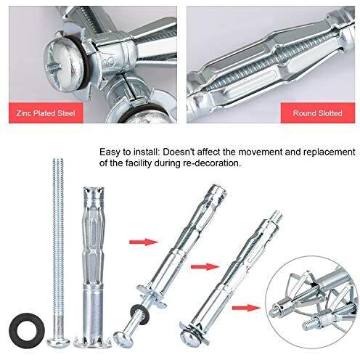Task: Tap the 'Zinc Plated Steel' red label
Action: click(46, 113)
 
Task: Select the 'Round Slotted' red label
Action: click(318, 113)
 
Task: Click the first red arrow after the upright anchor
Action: click(144, 242)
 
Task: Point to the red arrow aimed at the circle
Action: click(247, 308)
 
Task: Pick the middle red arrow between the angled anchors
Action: click(205, 267)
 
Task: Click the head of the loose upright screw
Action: click(58, 342)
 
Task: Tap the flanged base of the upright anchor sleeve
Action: click(93, 341)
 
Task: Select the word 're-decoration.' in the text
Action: click(211, 163)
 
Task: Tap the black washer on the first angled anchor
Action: click(140, 313)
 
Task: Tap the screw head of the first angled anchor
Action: click(123, 338)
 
